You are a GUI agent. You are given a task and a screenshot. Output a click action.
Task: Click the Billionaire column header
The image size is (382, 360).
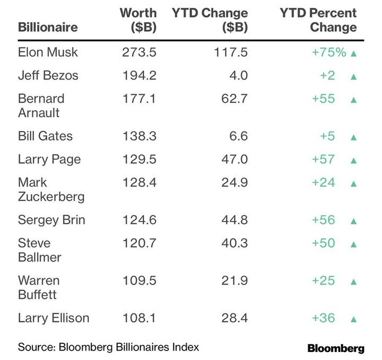click(48, 27)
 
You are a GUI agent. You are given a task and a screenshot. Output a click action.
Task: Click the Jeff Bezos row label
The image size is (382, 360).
click(48, 75)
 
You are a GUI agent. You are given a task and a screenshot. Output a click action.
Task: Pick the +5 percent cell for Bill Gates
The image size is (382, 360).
click(327, 136)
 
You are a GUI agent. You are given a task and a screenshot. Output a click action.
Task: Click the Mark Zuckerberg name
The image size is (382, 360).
click(51, 189)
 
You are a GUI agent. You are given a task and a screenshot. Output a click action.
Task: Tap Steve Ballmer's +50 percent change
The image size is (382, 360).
click(324, 243)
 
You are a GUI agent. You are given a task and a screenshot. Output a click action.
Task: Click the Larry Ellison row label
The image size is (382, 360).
click(54, 318)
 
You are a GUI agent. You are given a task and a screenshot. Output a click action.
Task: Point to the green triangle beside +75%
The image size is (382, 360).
click(354, 54)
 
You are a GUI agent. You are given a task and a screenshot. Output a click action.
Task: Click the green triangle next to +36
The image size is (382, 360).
click(354, 319)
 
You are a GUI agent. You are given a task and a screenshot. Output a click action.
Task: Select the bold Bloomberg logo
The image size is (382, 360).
click(335, 348)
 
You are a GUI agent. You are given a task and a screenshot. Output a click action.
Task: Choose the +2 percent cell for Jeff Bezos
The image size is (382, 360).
click(327, 75)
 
